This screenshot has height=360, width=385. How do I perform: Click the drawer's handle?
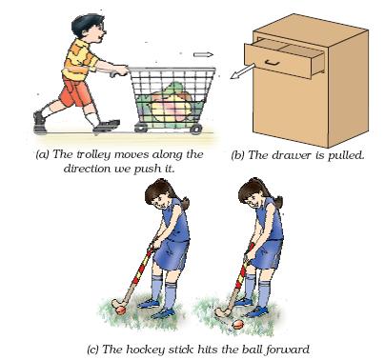click(x=272, y=63)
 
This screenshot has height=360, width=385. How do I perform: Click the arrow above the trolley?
click(x=203, y=54)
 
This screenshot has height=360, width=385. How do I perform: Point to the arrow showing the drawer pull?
click(x=243, y=70)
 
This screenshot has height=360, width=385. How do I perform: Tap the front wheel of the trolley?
click(x=196, y=129)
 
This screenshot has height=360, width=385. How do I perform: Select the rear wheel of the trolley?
click(x=141, y=128)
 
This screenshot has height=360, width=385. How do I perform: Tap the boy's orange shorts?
click(x=75, y=91)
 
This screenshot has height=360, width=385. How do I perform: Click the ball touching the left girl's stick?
click(x=121, y=310)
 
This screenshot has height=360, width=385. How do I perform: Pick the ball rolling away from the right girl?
click(x=238, y=325)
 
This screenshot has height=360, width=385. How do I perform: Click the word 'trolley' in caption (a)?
click(x=93, y=154)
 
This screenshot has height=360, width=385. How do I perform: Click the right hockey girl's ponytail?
click(x=278, y=201)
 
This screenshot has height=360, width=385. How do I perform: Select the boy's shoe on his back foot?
click(x=40, y=122)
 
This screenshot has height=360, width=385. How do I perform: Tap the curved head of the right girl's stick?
click(x=222, y=311)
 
